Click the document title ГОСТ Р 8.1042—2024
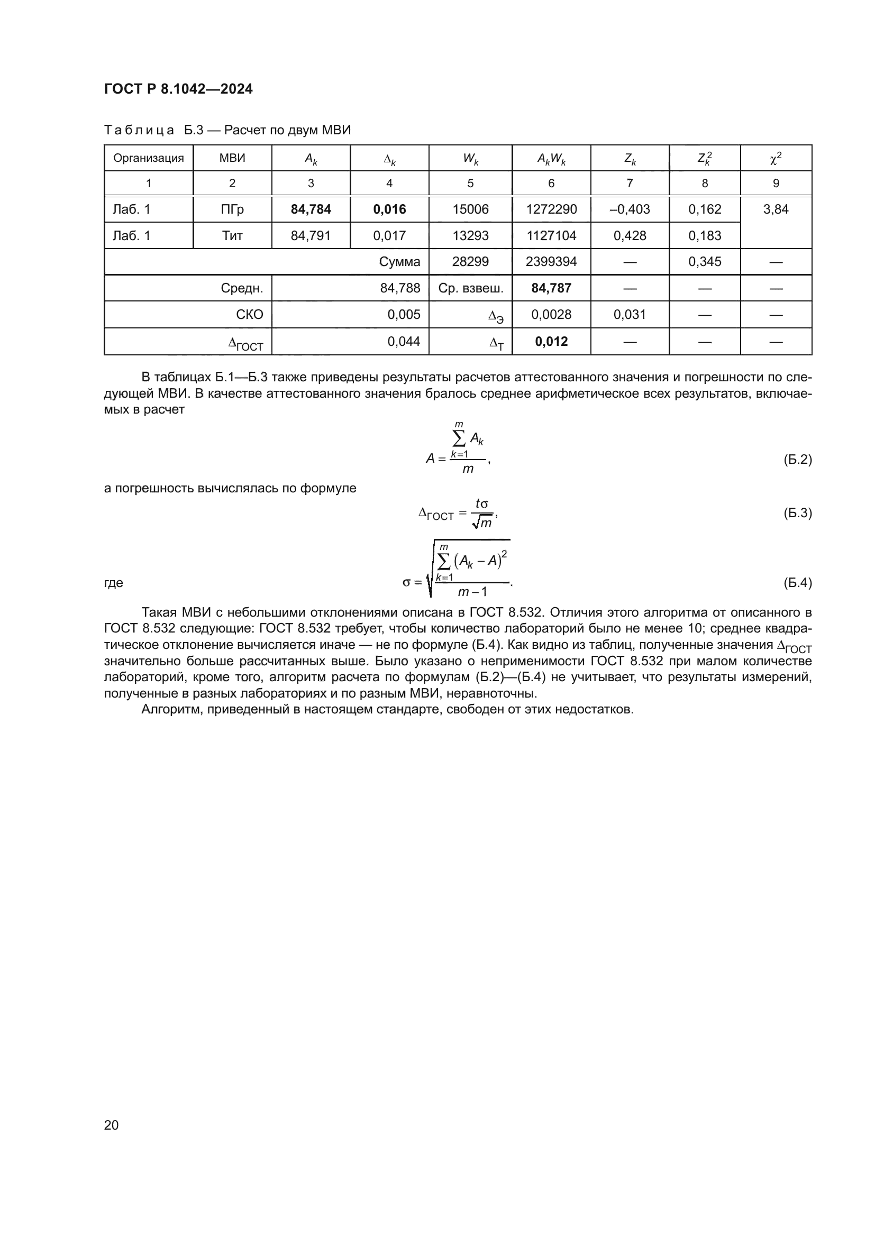(x=178, y=89)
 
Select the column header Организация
(x=148, y=158)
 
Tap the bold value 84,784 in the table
(x=311, y=209)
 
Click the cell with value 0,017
(x=389, y=235)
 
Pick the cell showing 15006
(x=470, y=209)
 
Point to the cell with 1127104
(x=551, y=235)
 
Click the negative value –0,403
(x=630, y=209)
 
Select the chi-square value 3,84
(x=776, y=209)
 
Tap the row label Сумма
(x=399, y=262)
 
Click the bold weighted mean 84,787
(x=551, y=288)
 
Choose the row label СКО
(x=250, y=315)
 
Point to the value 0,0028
(x=551, y=315)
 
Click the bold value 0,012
(x=551, y=342)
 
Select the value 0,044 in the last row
(x=404, y=342)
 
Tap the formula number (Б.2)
(x=797, y=460)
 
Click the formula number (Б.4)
(x=797, y=583)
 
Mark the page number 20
(x=111, y=1125)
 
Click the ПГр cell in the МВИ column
(x=232, y=209)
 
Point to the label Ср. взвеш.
(x=470, y=288)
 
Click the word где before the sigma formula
(x=114, y=583)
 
